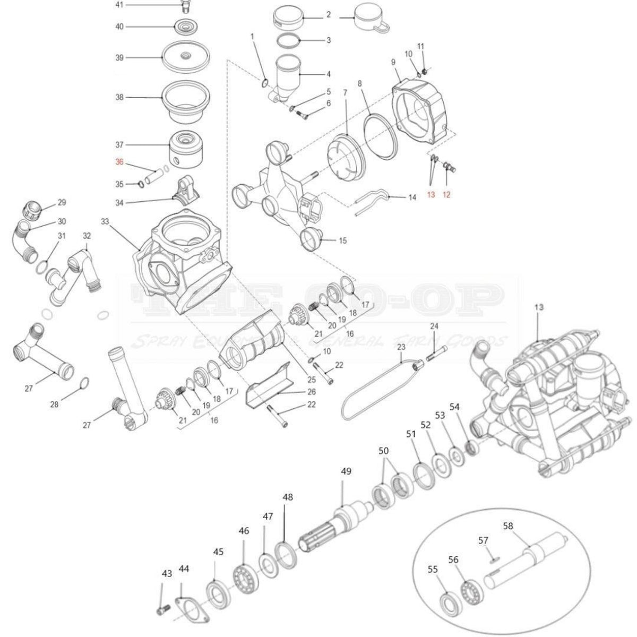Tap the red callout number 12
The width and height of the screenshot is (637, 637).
click(x=446, y=195)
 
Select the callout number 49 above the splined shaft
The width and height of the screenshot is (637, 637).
click(x=346, y=471)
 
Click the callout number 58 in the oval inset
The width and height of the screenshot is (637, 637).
click(x=508, y=526)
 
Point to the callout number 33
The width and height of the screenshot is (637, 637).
click(x=104, y=222)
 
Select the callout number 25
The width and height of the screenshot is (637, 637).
click(x=312, y=380)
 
